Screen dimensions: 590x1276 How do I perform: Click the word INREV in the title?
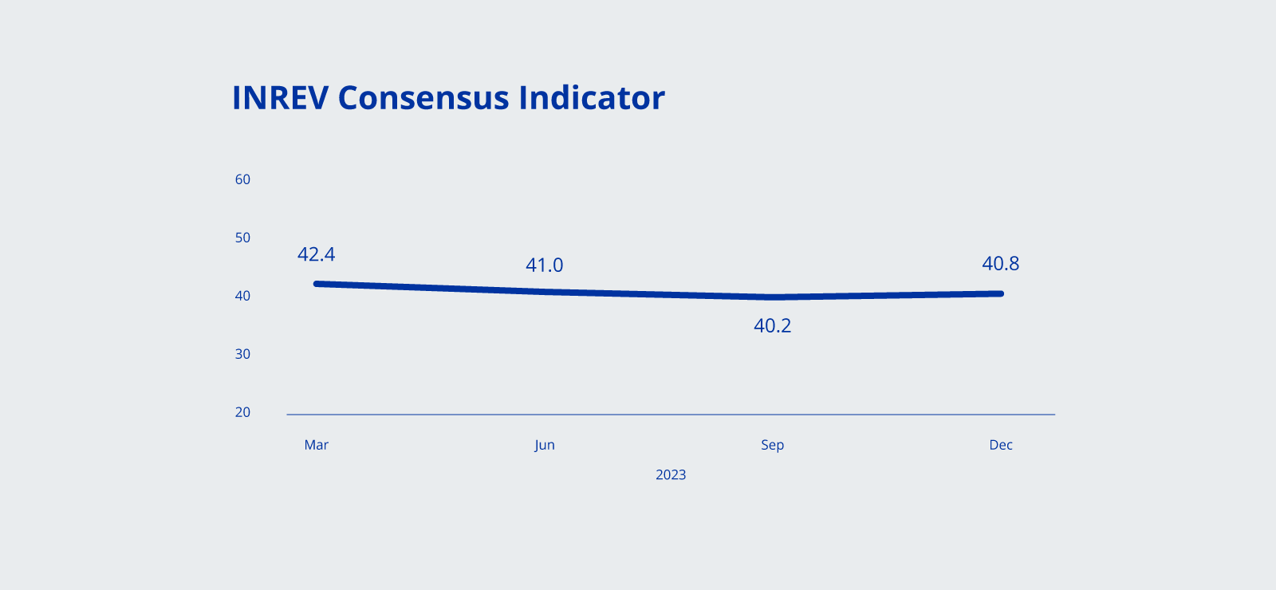(280, 98)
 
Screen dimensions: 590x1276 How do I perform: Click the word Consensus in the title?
(423, 98)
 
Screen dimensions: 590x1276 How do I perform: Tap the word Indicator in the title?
(592, 98)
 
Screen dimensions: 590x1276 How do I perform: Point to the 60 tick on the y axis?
(242, 179)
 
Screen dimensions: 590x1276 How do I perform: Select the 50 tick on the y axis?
(242, 238)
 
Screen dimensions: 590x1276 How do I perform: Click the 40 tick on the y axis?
(242, 296)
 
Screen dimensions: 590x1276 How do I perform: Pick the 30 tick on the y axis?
(242, 354)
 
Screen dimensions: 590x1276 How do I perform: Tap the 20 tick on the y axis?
(242, 412)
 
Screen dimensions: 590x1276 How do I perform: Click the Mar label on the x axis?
(317, 445)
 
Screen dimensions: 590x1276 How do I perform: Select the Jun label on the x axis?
(545, 445)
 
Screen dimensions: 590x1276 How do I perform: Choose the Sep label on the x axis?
(773, 445)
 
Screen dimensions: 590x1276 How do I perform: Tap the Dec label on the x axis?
(1001, 445)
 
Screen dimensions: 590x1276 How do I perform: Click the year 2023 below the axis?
(671, 475)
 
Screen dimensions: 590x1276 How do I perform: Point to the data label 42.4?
(317, 254)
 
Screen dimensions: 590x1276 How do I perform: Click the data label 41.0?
(545, 265)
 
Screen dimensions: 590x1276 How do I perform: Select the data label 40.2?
(773, 326)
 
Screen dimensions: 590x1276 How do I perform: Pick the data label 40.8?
(1001, 264)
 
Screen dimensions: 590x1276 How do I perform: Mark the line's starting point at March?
(317, 284)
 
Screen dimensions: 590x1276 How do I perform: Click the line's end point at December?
(1000, 293)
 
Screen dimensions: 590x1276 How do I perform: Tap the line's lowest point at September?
(773, 297)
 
